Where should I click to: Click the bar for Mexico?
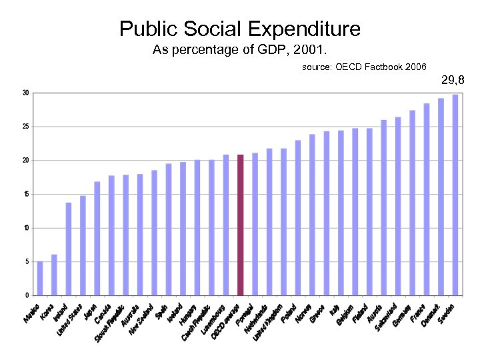[40, 278]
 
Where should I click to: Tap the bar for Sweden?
[455, 195]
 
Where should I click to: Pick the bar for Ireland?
[69, 249]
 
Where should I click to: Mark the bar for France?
[427, 199]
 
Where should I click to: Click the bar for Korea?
[54, 275]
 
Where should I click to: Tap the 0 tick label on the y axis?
[26, 295]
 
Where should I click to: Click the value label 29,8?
[453, 81]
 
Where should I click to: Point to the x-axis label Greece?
[319, 312]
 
